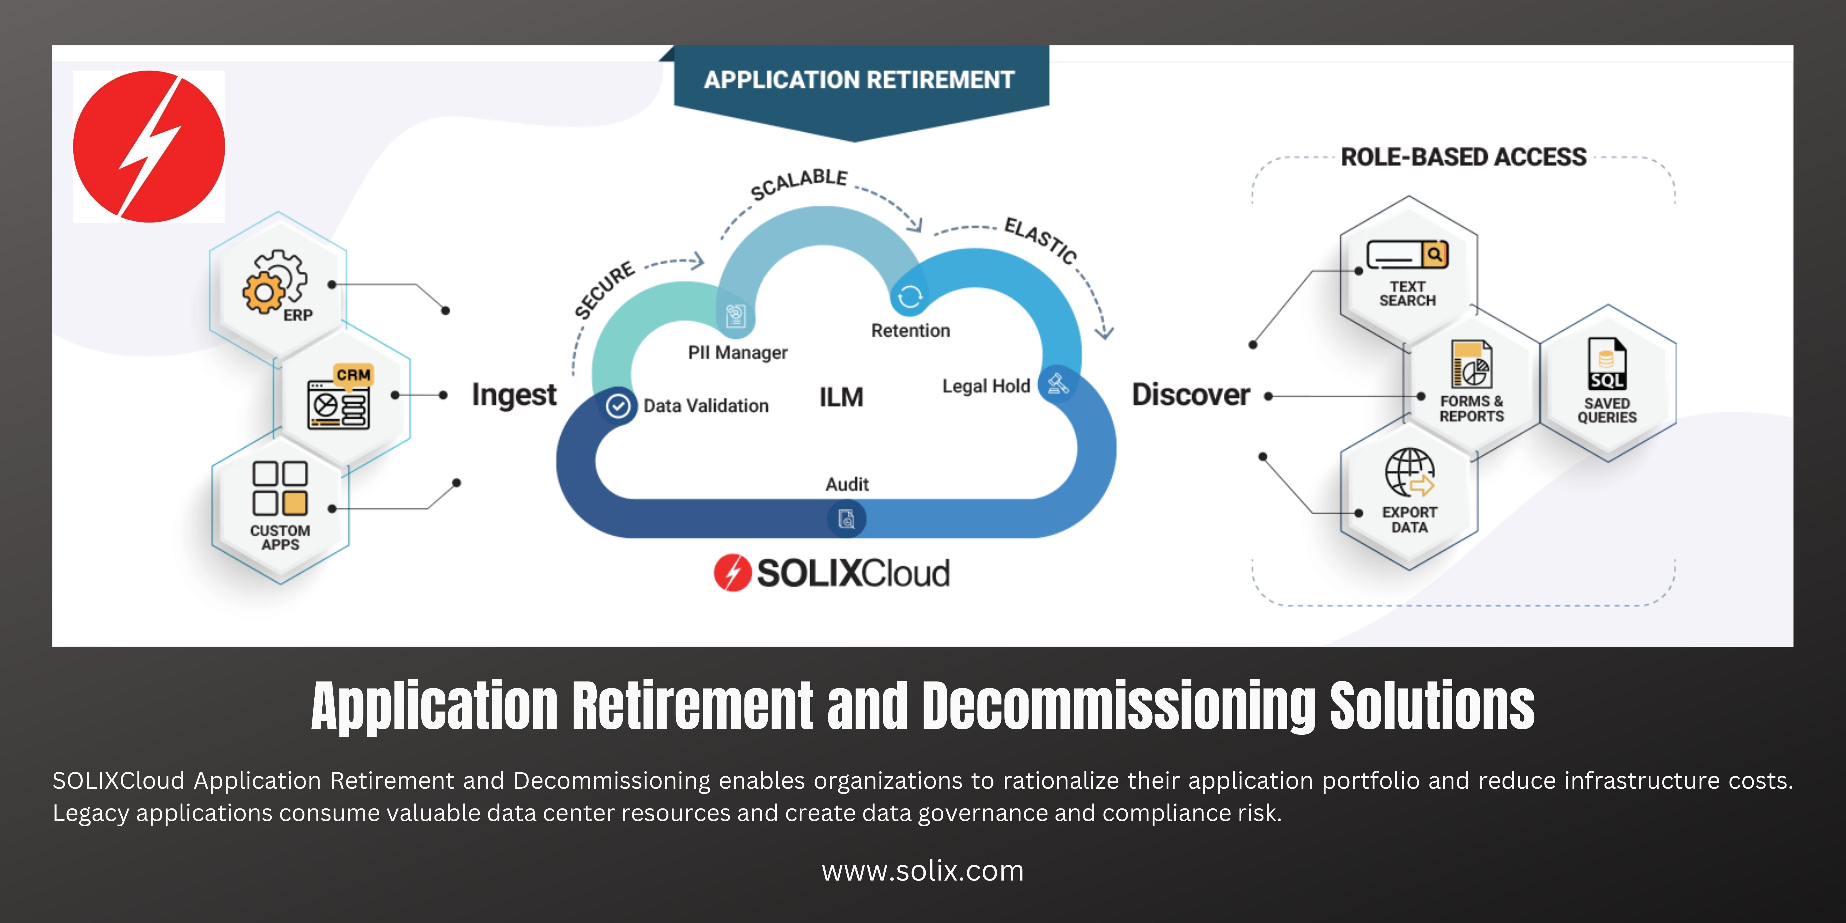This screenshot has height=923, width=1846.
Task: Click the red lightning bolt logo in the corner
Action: pos(149,146)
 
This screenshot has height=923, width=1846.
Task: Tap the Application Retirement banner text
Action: pos(859,80)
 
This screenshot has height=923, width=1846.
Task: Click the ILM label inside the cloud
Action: pos(841,397)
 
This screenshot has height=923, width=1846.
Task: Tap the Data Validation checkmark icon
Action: pos(618,406)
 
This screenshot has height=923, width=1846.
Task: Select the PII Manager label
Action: pos(737,353)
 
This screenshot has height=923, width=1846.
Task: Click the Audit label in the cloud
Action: pos(847,484)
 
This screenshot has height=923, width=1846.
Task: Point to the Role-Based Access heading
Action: pos(1463,157)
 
